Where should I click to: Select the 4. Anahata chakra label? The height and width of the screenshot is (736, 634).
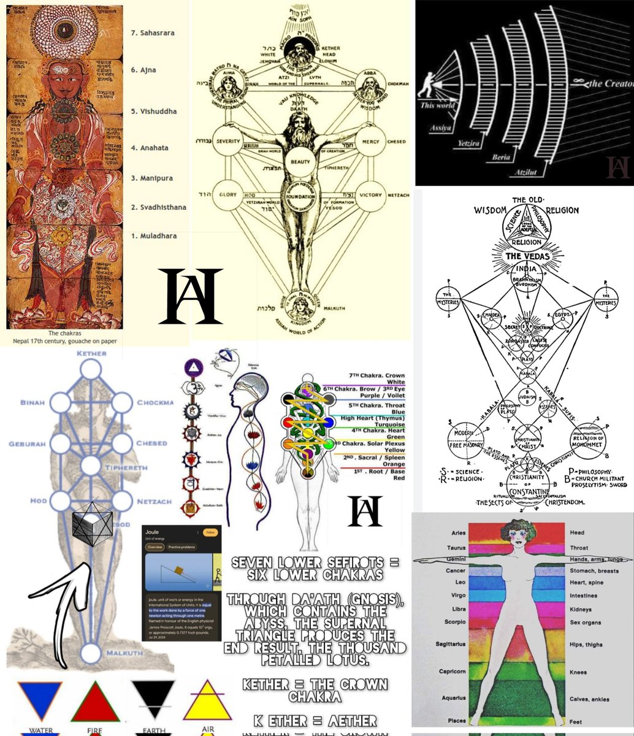click(x=150, y=148)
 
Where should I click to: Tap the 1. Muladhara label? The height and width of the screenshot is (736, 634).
click(x=154, y=236)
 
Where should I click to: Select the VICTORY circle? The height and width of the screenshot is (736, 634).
click(x=370, y=194)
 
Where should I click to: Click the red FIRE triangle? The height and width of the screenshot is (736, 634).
click(x=95, y=700)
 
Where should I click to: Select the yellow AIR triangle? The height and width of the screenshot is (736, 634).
click(x=208, y=700)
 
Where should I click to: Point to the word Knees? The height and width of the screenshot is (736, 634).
click(x=578, y=672)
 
